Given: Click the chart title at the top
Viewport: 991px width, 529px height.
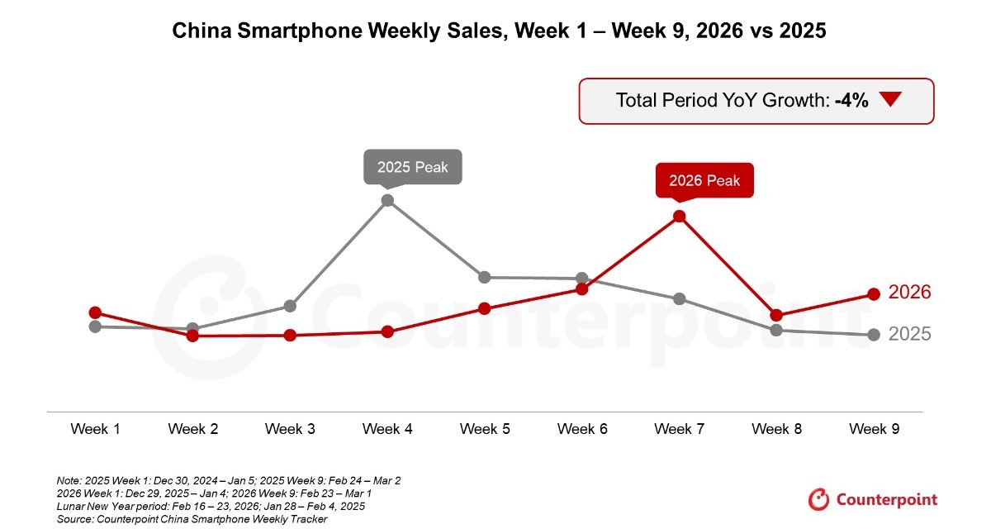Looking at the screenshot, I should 499,31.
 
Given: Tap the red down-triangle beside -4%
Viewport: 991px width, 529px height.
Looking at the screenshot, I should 889,100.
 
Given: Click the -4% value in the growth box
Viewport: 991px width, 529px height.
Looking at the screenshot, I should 851,101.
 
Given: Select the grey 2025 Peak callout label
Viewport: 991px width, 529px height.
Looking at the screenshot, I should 413,166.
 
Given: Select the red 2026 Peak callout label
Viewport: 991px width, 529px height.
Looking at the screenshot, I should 704,180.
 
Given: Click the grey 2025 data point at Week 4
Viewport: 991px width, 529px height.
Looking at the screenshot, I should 387,200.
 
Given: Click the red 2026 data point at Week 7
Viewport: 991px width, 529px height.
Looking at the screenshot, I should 679,217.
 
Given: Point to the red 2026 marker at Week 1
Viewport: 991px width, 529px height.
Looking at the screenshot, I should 95,312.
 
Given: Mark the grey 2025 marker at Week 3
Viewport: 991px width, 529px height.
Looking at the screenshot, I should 290,306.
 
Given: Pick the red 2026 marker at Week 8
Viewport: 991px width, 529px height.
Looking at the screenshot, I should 776,315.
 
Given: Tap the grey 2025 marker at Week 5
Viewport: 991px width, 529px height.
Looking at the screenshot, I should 485,277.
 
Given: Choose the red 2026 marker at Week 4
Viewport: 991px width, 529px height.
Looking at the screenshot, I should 387,331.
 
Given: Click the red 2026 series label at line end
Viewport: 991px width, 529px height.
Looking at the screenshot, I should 909,292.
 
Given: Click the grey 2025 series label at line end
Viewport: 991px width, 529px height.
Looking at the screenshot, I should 909,334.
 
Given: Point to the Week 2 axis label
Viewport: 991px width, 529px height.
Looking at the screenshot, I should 192,429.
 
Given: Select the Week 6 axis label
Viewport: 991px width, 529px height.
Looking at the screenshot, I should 581,429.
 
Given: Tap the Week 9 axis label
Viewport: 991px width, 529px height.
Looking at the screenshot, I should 874,429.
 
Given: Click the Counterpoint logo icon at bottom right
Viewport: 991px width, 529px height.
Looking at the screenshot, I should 818,499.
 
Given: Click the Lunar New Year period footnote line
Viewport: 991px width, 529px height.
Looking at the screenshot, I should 211,506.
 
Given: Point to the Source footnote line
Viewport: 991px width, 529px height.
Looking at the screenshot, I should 192,518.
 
